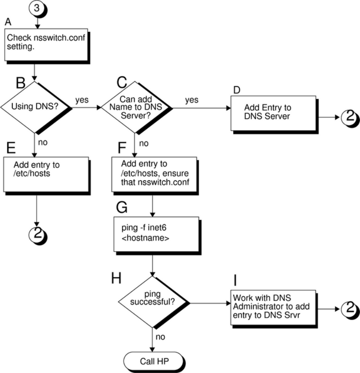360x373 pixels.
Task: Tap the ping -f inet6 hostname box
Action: click(x=156, y=234)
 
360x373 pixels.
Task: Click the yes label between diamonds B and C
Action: click(x=82, y=100)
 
